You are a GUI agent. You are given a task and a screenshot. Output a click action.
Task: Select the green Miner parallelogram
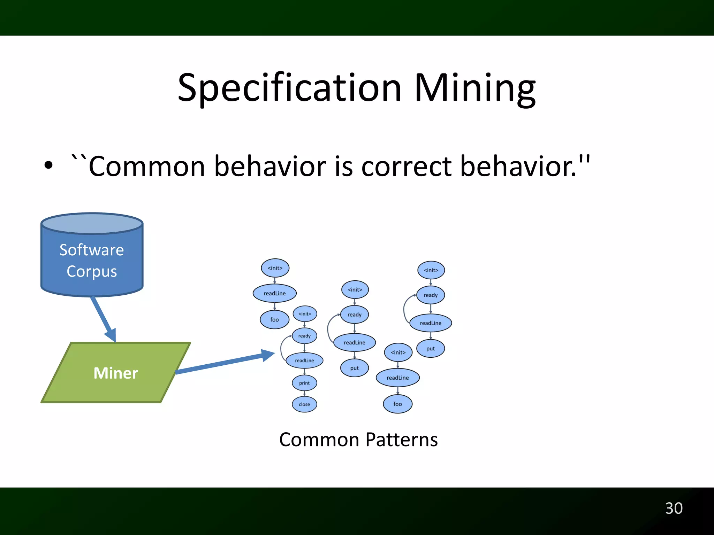116,373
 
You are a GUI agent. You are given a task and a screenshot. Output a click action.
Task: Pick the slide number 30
674,508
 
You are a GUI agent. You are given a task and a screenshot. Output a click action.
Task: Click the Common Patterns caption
358,440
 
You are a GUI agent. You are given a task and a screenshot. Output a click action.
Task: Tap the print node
304,383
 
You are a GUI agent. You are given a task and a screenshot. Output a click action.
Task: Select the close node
304,404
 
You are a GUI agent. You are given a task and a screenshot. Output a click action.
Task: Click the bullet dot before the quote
48,166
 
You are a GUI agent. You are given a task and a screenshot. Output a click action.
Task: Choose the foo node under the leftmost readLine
275,320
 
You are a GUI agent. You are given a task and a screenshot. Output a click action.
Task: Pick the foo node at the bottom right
397,404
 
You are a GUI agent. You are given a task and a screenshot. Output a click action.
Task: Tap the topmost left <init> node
275,268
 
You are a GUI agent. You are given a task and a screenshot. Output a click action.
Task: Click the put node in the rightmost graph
431,349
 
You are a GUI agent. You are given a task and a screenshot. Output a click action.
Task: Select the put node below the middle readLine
355,368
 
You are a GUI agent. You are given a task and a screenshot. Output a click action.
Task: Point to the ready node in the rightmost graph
431,295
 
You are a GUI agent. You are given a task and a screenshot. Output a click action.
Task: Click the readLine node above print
304,360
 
